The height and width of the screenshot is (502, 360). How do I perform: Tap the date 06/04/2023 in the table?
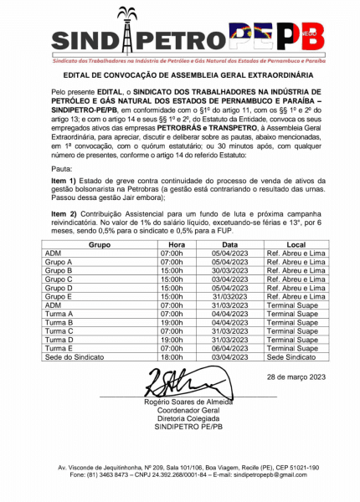click(229, 348)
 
